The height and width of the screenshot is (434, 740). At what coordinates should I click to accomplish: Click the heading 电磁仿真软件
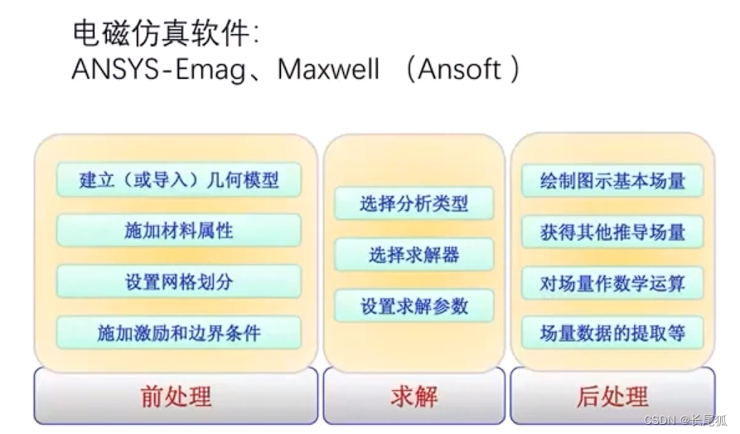tap(161, 33)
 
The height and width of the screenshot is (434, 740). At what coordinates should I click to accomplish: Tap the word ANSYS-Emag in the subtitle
tap(158, 70)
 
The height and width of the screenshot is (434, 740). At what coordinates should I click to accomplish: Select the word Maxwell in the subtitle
tap(328, 69)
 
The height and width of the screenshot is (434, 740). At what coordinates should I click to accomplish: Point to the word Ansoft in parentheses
tap(459, 69)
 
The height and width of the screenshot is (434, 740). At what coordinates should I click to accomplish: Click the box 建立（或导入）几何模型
tap(178, 179)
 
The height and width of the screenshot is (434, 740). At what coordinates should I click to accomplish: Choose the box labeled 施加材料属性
tap(178, 231)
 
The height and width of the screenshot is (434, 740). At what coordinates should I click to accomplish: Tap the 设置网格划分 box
tap(178, 282)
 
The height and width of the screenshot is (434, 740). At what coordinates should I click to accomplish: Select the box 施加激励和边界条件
tap(178, 333)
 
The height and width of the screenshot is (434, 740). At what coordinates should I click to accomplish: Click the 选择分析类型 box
tap(414, 203)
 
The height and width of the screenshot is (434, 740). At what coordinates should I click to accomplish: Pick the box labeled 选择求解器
tap(414, 255)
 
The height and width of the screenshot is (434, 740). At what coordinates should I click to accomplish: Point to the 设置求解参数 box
tap(414, 306)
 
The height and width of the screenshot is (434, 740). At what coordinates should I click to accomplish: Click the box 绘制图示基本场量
tap(612, 181)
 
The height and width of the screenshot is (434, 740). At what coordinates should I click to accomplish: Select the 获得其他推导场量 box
tap(612, 232)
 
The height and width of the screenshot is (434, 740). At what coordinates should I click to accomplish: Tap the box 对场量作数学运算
tap(612, 283)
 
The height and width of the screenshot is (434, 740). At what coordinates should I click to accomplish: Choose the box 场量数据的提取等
tap(612, 333)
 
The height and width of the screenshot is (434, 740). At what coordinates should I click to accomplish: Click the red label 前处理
tap(176, 397)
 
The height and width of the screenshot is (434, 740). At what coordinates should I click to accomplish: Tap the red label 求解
tap(414, 397)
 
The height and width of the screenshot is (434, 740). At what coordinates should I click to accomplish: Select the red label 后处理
tap(612, 397)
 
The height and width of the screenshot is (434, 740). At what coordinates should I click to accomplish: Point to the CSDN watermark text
tap(685, 420)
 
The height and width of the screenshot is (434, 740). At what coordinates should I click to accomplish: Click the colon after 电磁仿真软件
tap(256, 35)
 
